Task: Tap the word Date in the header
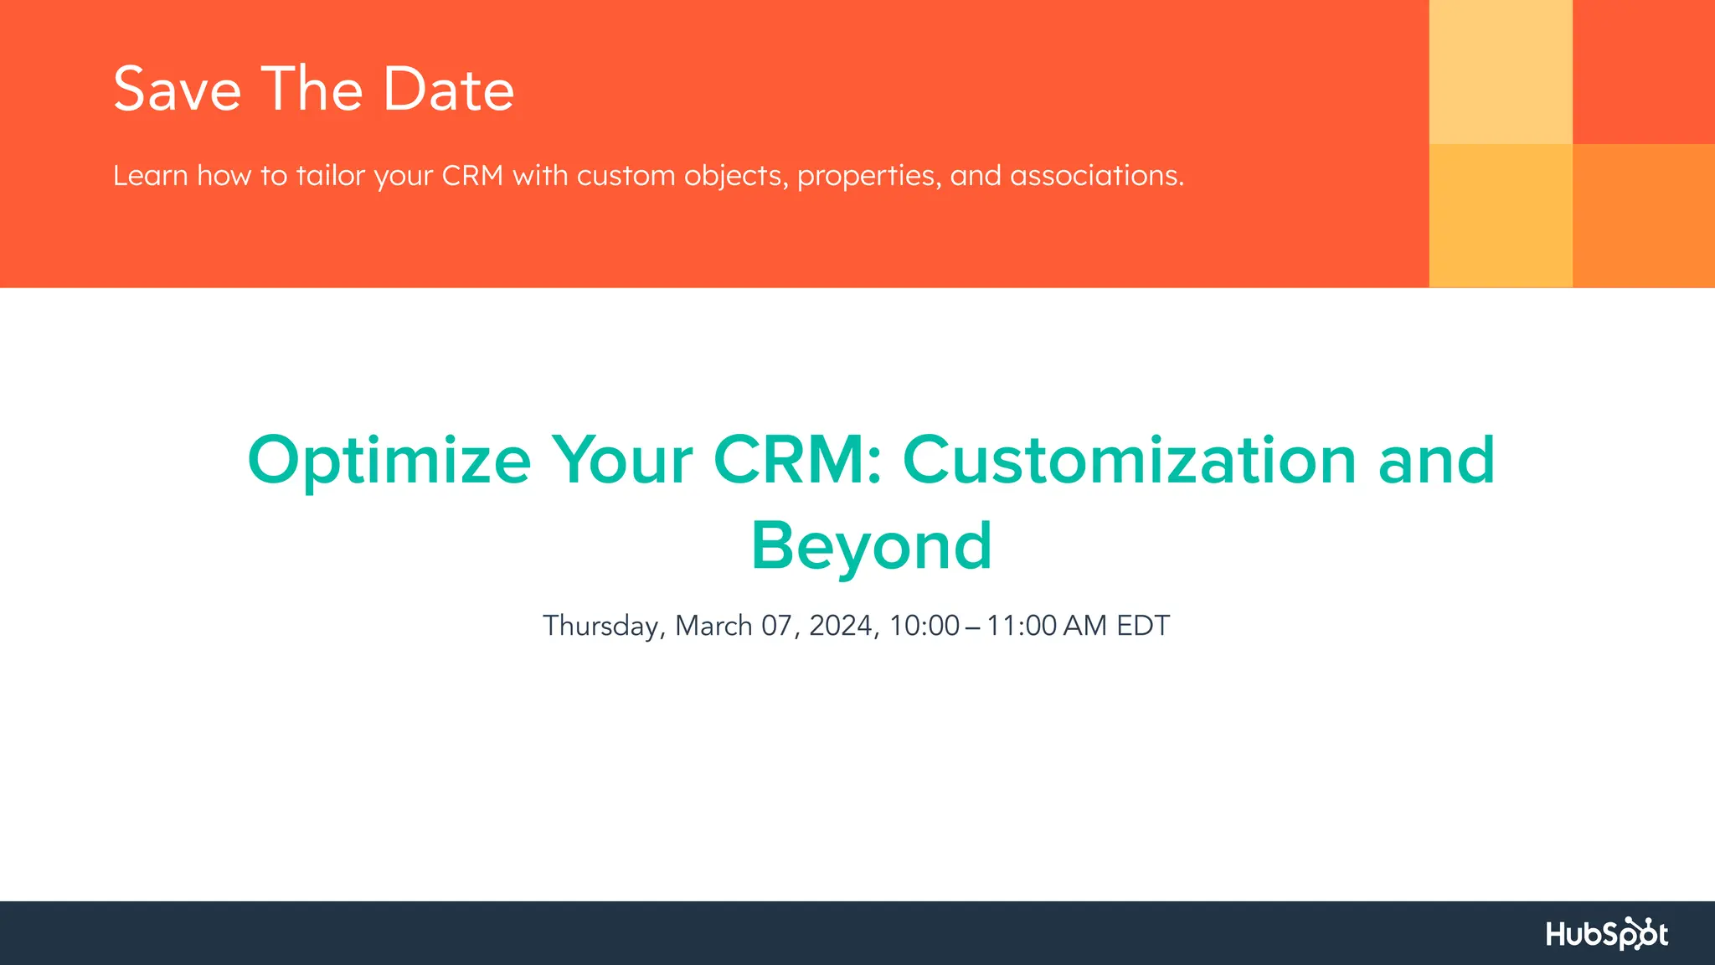point(448,90)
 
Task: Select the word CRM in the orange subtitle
point(472,176)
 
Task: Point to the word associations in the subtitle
point(1096,176)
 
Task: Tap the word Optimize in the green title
point(389,461)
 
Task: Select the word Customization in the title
point(1129,461)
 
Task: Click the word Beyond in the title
point(871,546)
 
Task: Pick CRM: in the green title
point(798,461)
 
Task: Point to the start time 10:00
point(924,626)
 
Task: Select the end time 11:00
point(1021,626)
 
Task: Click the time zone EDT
point(1142,626)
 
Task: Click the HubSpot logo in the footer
point(1606,933)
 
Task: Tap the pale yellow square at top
point(1501,71)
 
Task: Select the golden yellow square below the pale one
point(1501,215)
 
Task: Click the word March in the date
point(713,626)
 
